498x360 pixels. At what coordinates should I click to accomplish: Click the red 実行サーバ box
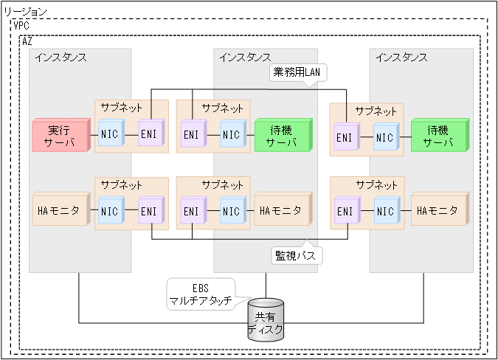click(60, 136)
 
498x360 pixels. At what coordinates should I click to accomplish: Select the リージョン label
click(26, 12)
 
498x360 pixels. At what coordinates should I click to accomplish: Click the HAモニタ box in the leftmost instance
click(60, 210)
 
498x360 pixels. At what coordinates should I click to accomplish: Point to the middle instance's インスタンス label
click(245, 58)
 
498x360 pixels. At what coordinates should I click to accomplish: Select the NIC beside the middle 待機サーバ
click(231, 136)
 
